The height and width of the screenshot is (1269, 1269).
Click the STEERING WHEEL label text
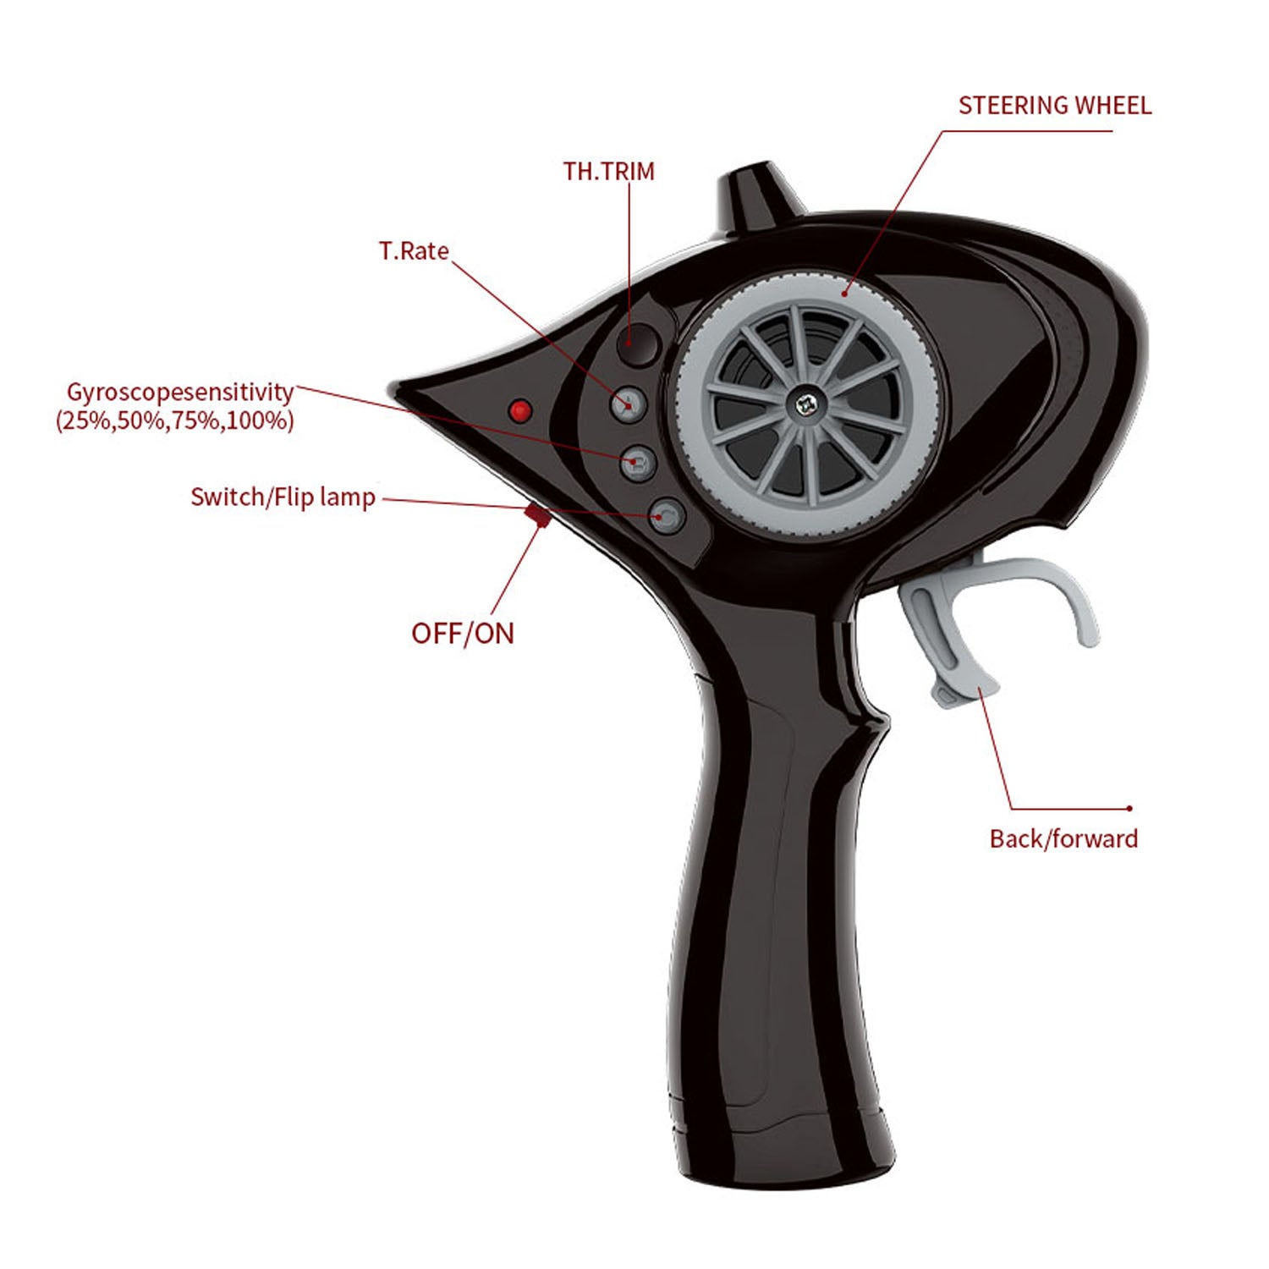click(x=1054, y=106)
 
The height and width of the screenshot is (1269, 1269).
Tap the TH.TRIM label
click(x=608, y=172)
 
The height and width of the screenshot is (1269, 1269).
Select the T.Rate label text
click(x=413, y=251)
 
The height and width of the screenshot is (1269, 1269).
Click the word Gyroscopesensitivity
click(x=179, y=393)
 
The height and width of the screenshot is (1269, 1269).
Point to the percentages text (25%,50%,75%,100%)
click(x=174, y=420)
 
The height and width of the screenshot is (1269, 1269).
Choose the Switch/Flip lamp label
click(x=283, y=497)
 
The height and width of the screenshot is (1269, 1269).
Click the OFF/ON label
click(x=462, y=633)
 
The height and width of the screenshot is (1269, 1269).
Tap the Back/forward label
click(x=1063, y=838)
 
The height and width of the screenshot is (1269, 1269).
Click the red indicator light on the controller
click(x=520, y=411)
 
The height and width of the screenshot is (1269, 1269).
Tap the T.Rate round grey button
click(x=629, y=404)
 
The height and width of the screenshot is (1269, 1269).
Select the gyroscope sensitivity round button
click(x=639, y=463)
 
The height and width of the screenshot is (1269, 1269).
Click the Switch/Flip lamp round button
click(x=667, y=514)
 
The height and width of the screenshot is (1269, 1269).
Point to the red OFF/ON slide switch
click(x=538, y=514)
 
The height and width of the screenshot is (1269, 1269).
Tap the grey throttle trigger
click(x=956, y=626)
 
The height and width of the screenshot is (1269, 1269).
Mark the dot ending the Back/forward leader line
click(x=1129, y=809)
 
